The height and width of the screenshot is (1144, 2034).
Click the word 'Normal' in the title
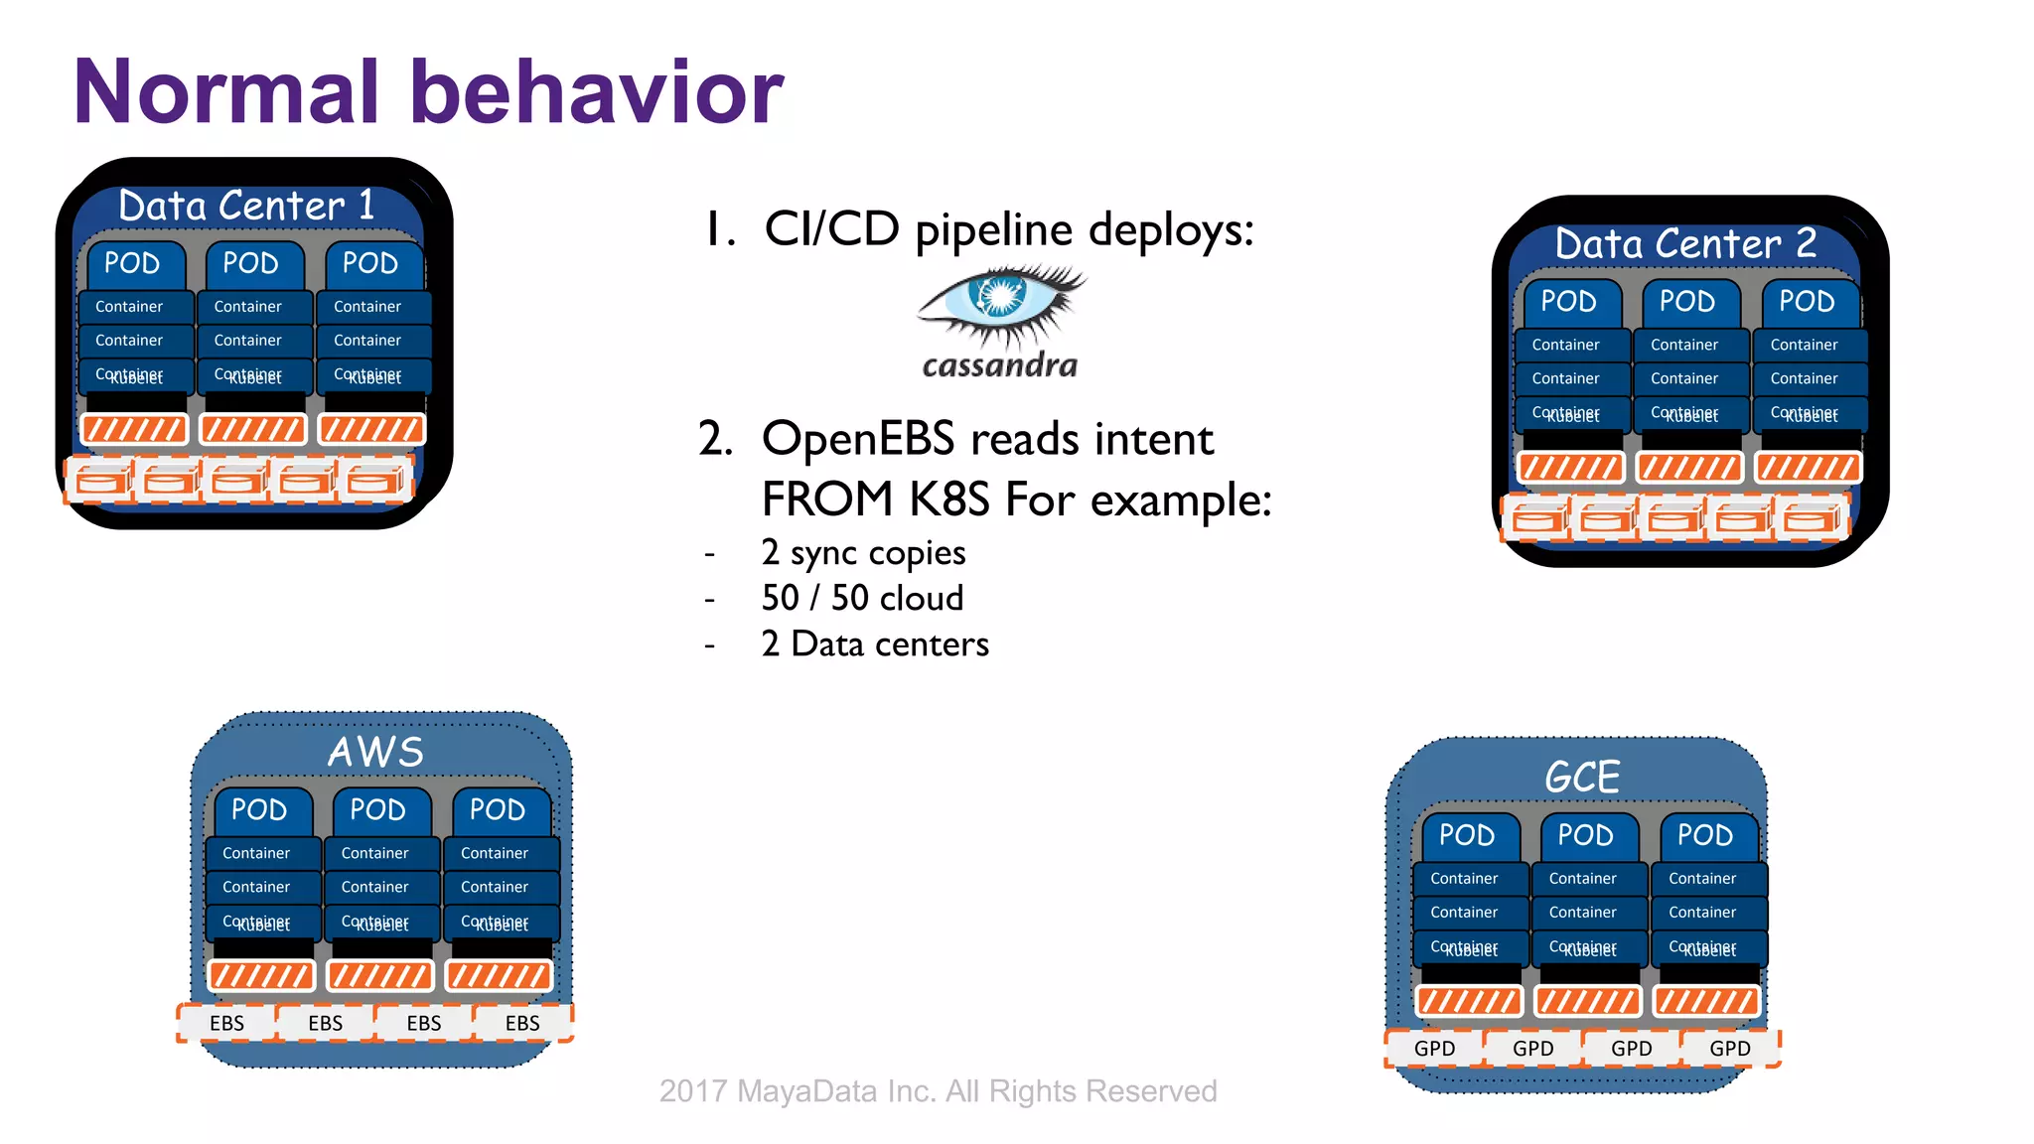(226, 91)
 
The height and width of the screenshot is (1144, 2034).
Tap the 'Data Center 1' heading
(246, 206)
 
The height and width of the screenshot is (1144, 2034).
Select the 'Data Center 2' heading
(1684, 243)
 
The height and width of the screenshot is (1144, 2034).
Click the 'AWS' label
(376, 752)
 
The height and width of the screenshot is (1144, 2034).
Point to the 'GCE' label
(1582, 777)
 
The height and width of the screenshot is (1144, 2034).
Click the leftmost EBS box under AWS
(226, 1023)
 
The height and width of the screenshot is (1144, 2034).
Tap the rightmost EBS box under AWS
(522, 1023)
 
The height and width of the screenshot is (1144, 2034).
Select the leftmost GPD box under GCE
(1434, 1049)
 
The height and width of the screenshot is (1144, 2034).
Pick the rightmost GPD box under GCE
(1729, 1049)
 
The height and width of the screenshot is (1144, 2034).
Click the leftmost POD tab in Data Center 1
(132, 263)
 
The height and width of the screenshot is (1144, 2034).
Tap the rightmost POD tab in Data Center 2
(1807, 301)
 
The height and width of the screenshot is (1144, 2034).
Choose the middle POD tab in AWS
(377, 810)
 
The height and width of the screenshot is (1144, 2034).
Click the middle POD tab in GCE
(1585, 835)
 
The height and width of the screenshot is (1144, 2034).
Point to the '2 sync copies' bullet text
(862, 552)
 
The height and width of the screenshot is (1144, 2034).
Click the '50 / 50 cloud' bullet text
(861, 598)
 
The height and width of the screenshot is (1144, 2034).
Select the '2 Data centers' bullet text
(874, 643)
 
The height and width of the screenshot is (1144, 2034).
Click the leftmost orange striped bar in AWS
(260, 976)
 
